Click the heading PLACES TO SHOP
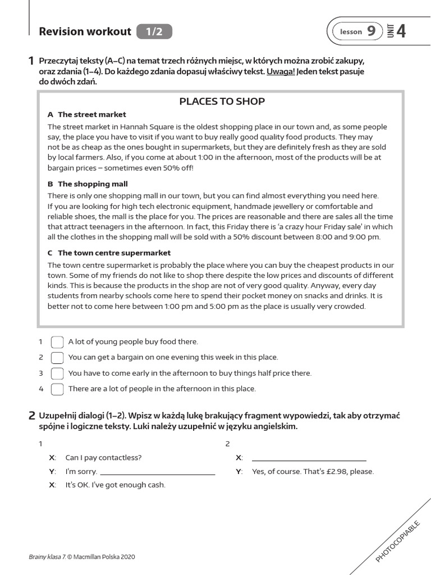tap(222, 101)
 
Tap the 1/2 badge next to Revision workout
tap(154, 32)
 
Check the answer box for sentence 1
tap(57, 342)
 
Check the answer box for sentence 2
tap(57, 358)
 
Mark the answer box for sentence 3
tap(57, 373)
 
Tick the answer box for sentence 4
tap(57, 389)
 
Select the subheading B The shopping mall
tap(88, 184)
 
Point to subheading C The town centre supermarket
tap(109, 253)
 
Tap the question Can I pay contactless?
tap(104, 458)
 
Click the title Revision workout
tap(85, 32)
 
